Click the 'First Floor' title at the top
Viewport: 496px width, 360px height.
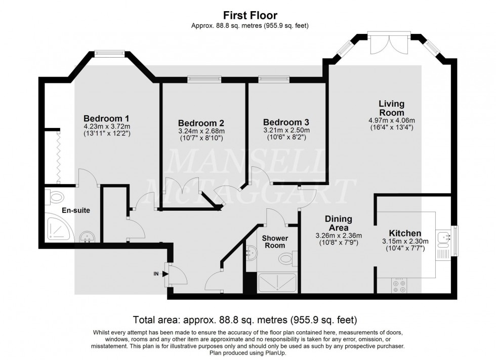[250, 16]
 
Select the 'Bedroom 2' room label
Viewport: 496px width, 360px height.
[201, 123]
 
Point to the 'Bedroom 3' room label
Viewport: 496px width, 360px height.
[286, 122]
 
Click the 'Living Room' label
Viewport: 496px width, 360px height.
[392, 108]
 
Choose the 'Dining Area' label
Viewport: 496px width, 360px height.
[339, 223]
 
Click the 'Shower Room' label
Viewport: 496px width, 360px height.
[275, 242]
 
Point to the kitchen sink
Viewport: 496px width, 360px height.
[442, 237]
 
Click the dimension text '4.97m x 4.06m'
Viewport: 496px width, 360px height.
[392, 120]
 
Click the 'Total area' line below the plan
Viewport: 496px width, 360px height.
[245, 320]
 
